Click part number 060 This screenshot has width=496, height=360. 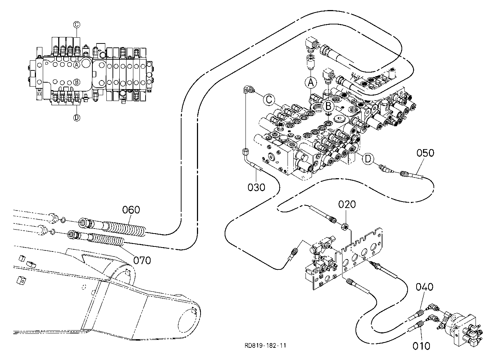coord(131,210)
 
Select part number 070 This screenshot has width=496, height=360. coord(142,260)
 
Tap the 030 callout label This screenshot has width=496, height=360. coord(256,187)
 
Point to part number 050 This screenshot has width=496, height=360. coord(425,153)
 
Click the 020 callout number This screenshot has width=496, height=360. coord(347,204)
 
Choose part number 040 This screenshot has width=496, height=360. coord(424,287)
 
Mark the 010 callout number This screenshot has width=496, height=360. coord(421,346)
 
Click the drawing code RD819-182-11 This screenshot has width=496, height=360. coord(265,346)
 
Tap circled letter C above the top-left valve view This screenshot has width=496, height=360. coord(77,24)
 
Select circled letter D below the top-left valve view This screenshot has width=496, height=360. coord(77,118)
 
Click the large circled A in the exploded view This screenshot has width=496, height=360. coord(311,83)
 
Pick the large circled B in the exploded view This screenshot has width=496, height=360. coord(328,106)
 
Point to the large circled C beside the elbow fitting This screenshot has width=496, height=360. coord(269,100)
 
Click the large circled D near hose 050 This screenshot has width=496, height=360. coord(368,159)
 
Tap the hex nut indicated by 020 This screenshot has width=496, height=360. coord(345,227)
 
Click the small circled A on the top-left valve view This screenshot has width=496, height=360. coord(77,65)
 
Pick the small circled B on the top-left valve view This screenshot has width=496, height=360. coord(77,82)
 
